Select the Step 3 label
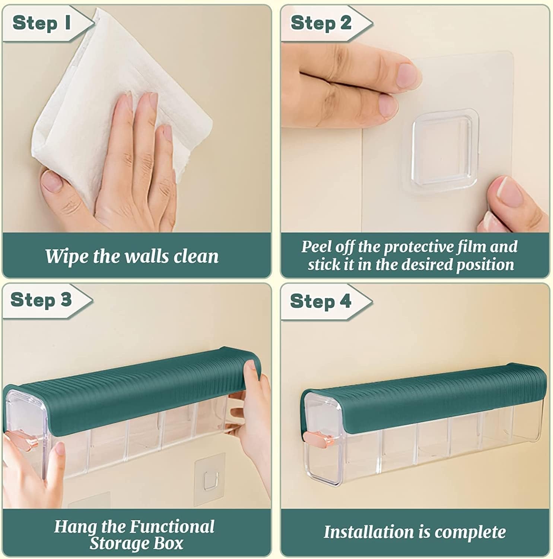(41, 300)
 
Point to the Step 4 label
(320, 301)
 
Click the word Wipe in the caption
(67, 256)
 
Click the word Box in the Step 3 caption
(170, 543)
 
